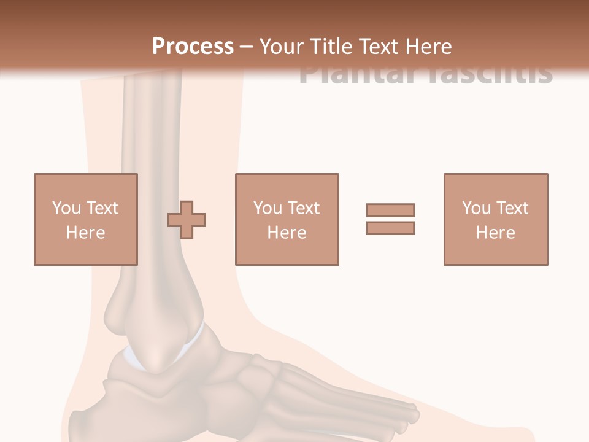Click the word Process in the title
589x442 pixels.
pyautogui.click(x=193, y=47)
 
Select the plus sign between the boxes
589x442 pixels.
pyautogui.click(x=187, y=220)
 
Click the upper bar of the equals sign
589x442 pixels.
pyautogui.click(x=390, y=211)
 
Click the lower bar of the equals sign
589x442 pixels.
pyautogui.click(x=390, y=228)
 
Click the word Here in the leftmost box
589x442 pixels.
pyautogui.click(x=85, y=233)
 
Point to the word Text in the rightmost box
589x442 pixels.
pyautogui.click(x=512, y=208)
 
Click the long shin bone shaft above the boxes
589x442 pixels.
pyautogui.click(x=151, y=123)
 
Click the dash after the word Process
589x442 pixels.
pyautogui.click(x=247, y=47)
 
